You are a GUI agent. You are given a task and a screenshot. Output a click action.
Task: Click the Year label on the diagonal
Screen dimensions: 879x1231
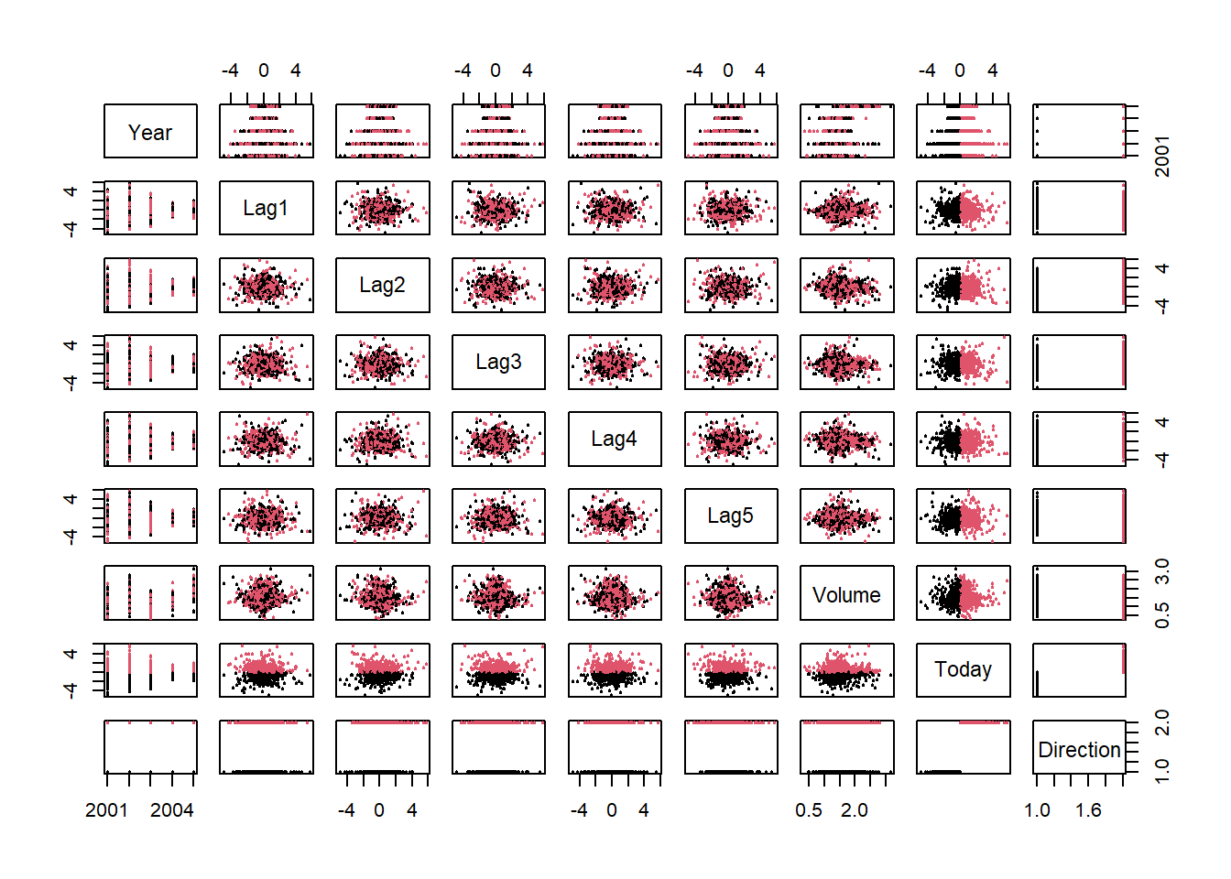point(150,133)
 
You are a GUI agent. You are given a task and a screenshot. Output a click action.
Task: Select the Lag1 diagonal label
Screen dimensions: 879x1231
point(266,209)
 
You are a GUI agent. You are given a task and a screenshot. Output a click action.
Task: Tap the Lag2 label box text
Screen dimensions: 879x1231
point(382,286)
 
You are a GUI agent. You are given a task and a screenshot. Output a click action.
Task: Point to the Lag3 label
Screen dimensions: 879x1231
point(498,363)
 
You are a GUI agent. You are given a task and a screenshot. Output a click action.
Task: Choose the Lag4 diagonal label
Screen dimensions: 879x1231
point(614,439)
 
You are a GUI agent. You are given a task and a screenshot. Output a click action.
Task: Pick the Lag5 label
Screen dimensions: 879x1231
point(730,516)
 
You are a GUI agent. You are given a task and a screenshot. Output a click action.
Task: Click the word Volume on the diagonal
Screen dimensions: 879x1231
point(846,595)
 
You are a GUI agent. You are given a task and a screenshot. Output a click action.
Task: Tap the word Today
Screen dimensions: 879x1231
point(963,670)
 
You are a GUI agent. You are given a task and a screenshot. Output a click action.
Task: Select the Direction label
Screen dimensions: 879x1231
point(1079,750)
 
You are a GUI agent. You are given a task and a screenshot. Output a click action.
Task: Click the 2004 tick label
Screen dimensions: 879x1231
point(172,810)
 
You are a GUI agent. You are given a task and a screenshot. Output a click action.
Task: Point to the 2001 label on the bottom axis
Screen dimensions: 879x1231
point(107,810)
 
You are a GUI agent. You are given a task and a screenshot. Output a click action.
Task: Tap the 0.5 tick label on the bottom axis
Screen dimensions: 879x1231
point(809,810)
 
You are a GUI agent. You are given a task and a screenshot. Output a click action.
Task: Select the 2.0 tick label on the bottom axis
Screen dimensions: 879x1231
point(855,810)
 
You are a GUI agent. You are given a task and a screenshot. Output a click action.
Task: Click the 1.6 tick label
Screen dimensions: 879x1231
point(1088,810)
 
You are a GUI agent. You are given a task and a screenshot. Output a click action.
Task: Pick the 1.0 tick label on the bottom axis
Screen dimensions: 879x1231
point(1037,810)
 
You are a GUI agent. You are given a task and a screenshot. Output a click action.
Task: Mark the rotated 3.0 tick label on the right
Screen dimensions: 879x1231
point(1161,572)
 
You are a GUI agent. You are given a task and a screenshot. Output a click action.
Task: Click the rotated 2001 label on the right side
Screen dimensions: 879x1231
point(1161,156)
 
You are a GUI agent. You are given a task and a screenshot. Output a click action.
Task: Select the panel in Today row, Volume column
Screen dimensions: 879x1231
point(846,670)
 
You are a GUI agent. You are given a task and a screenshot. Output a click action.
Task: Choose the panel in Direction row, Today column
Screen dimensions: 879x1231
point(963,747)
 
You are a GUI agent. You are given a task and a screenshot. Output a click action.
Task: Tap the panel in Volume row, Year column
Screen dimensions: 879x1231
point(150,593)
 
